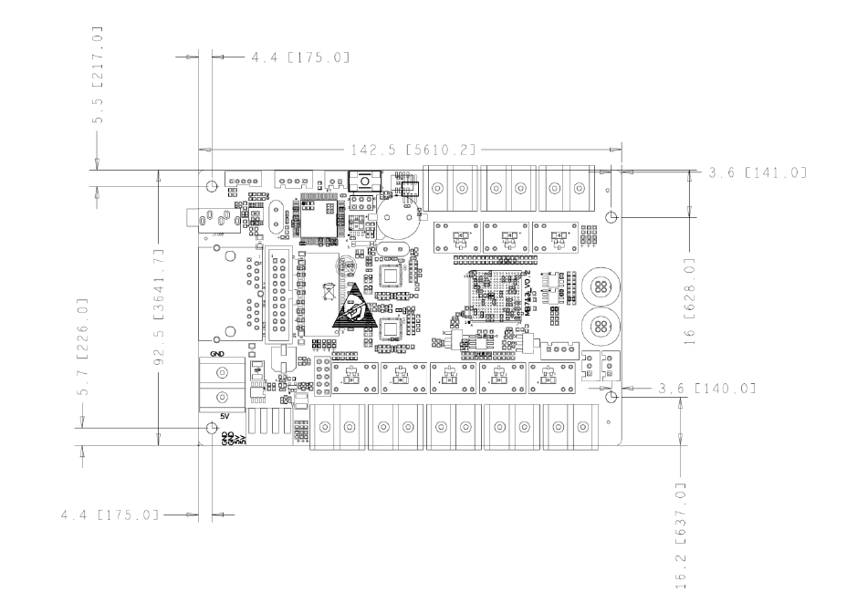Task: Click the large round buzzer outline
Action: (399, 218)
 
